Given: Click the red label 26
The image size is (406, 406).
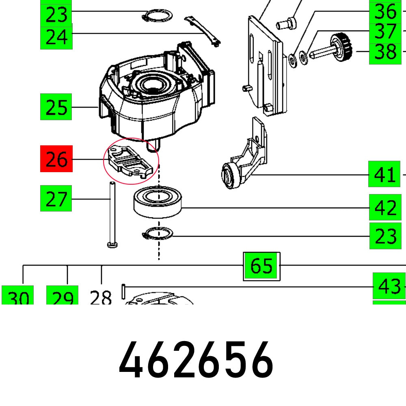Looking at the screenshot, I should tap(56, 159).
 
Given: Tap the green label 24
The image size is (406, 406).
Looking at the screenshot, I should tap(56, 37).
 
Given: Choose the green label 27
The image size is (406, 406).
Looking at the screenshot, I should tap(56, 198).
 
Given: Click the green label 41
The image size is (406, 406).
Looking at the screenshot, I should tap(384, 174).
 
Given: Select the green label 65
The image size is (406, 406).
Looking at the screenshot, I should tap(261, 266).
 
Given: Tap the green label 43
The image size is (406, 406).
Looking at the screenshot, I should tap(389, 286).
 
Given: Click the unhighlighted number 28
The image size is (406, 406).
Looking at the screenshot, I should tap(101, 298).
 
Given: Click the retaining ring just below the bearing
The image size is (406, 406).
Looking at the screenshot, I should tap(158, 234).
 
